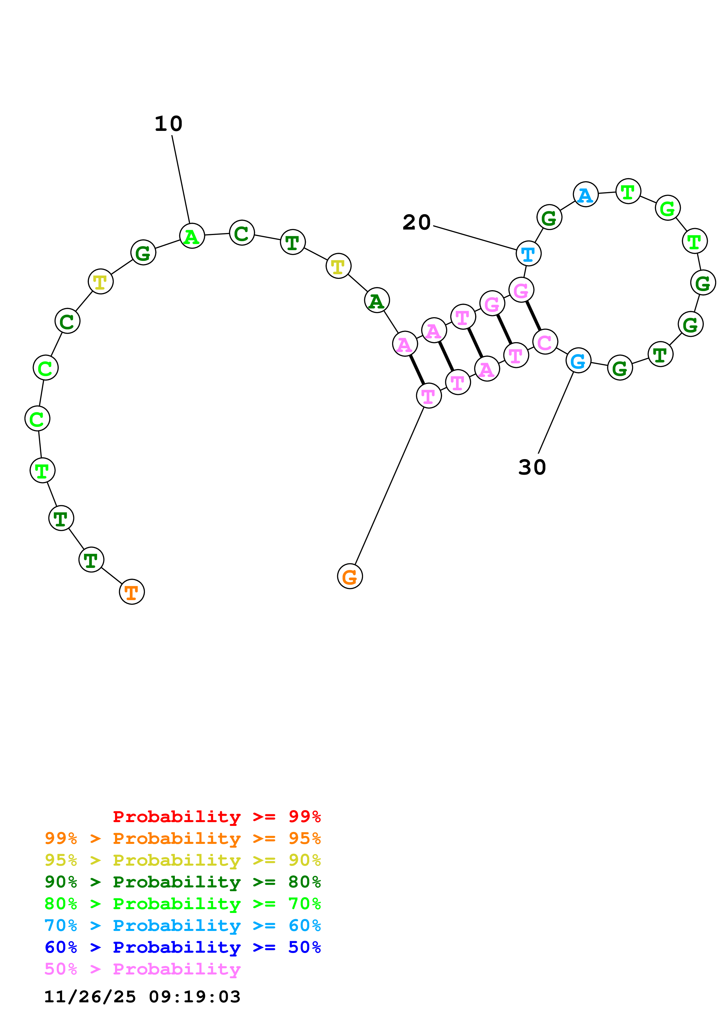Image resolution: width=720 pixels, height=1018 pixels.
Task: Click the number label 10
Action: [x=168, y=124]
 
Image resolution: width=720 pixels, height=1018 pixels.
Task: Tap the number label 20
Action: [x=416, y=222]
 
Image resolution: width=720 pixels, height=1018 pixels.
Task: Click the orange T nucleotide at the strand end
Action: [x=132, y=591]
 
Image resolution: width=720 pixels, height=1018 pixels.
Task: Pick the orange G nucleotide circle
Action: [x=350, y=576]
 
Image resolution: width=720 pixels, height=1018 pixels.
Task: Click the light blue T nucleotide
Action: [x=528, y=254]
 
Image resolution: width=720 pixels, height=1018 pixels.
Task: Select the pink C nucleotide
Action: [x=545, y=341]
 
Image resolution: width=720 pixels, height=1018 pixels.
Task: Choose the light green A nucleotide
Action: [x=192, y=236]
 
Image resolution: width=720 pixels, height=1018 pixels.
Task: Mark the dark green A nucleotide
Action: [x=377, y=301]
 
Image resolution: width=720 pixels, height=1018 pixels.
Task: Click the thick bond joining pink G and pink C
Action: [x=533, y=316]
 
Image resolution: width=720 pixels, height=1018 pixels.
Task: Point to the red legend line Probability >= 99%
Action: [x=216, y=817]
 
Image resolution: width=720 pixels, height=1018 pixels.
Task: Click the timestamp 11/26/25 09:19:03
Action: [x=142, y=997]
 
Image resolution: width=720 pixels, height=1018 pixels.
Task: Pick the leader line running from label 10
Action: [x=181, y=180]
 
